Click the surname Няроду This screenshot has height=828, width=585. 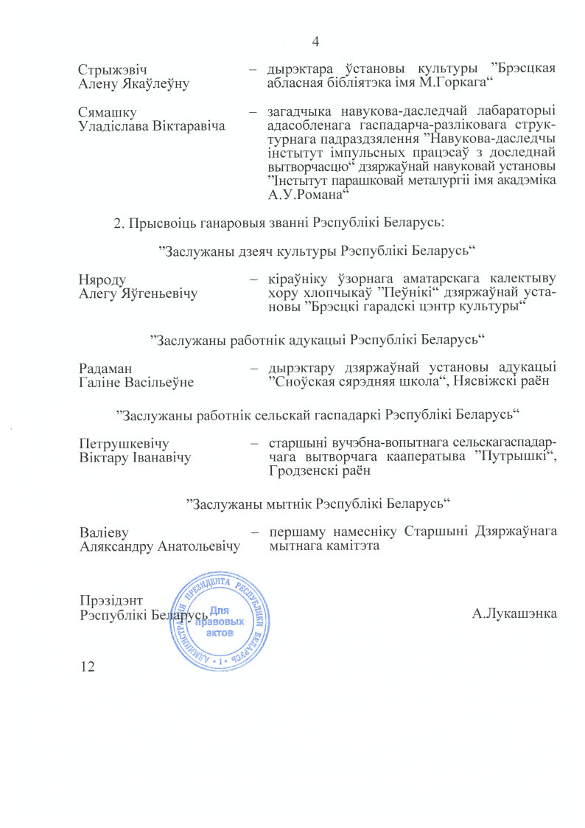(x=102, y=279)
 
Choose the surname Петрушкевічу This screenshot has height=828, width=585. (x=124, y=444)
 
